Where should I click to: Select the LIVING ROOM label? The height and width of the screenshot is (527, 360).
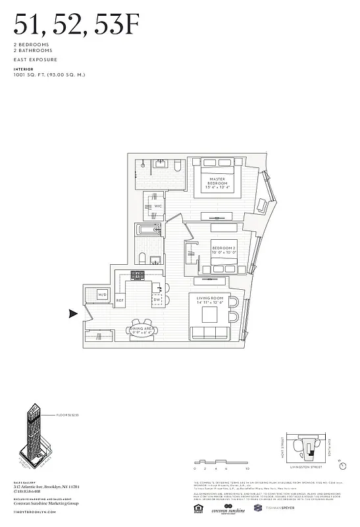[211, 300]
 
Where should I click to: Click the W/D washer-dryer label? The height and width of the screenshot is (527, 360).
[103, 294]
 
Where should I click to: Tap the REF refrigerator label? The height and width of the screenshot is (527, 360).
[120, 300]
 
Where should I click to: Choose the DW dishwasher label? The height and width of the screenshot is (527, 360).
[157, 300]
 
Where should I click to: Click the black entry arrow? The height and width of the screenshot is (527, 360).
[74, 314]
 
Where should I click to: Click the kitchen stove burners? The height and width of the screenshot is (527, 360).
[138, 275]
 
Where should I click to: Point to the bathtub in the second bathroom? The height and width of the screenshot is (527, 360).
[148, 231]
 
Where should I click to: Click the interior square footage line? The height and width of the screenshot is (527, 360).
[49, 74]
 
